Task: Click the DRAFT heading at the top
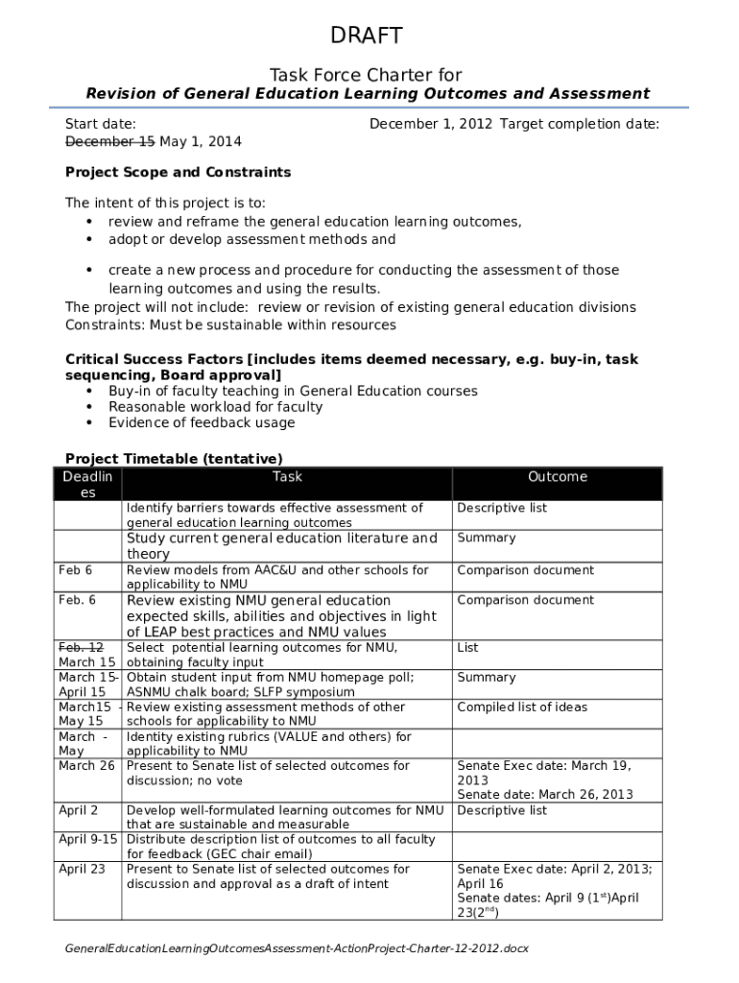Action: click(367, 36)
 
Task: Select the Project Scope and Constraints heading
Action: click(178, 173)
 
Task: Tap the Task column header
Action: click(287, 477)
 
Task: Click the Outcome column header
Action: click(557, 477)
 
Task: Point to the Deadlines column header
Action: click(87, 485)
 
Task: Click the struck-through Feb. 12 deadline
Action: click(81, 647)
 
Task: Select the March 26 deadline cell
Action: click(86, 766)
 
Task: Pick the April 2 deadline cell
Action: click(78, 810)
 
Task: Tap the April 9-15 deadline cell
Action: click(87, 839)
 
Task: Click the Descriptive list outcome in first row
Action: click(502, 508)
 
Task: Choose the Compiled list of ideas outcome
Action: click(522, 707)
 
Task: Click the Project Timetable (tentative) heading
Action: click(174, 458)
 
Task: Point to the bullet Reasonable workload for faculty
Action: click(215, 407)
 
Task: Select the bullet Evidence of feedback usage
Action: click(202, 423)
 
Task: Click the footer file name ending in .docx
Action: click(297, 948)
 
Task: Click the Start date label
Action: click(100, 124)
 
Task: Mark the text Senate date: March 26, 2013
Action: click(545, 795)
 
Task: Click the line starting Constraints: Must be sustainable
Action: click(230, 324)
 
